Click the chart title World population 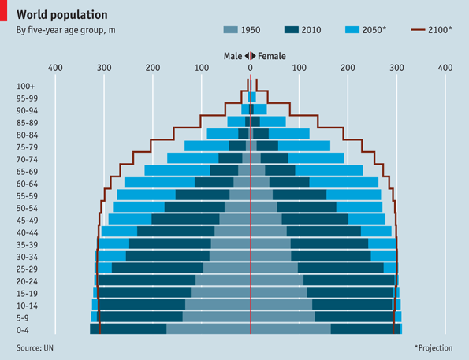(x=62, y=15)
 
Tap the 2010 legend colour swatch (x=291, y=31)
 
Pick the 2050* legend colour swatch (x=352, y=31)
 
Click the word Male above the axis (x=233, y=56)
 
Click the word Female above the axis (x=272, y=56)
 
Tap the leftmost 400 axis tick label (x=55, y=69)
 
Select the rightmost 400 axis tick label (x=445, y=69)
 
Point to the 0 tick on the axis (x=250, y=69)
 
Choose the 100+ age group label (x=25, y=86)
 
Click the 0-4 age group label (x=24, y=329)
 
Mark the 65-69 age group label (x=27, y=171)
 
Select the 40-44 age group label (x=27, y=232)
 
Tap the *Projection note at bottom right (x=433, y=347)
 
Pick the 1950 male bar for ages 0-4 (x=208, y=328)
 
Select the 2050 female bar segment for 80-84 (x=289, y=134)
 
